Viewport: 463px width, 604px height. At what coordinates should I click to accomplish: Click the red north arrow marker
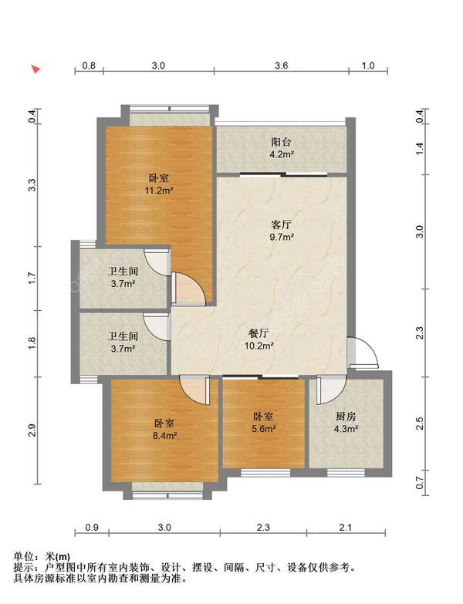point(35,69)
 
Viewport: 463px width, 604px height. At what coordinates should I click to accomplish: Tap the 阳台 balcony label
point(281,142)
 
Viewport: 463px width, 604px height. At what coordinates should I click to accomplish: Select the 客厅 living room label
point(282,224)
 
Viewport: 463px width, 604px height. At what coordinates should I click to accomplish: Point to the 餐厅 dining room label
point(259,333)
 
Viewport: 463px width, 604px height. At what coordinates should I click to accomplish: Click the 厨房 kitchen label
point(346,416)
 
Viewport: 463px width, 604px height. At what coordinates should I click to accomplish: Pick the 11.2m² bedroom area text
point(158,191)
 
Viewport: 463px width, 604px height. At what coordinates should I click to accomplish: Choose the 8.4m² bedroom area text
point(164,436)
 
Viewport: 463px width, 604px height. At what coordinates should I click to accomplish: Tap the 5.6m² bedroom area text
point(264,428)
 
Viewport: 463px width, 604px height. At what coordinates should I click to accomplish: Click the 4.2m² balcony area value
point(282,154)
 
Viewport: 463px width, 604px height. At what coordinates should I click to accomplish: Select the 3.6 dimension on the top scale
point(282,66)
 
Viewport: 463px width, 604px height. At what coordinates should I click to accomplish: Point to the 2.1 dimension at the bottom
point(346,527)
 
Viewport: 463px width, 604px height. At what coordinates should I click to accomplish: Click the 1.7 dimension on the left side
point(32,278)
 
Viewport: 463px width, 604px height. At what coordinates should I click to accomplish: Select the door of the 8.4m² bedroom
point(194,390)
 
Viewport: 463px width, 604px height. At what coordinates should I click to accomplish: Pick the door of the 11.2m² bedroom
point(188,288)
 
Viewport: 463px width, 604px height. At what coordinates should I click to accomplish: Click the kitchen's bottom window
point(346,472)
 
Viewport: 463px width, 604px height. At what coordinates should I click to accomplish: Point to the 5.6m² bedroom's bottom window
point(265,472)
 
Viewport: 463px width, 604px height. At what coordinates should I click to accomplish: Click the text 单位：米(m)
point(42,556)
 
